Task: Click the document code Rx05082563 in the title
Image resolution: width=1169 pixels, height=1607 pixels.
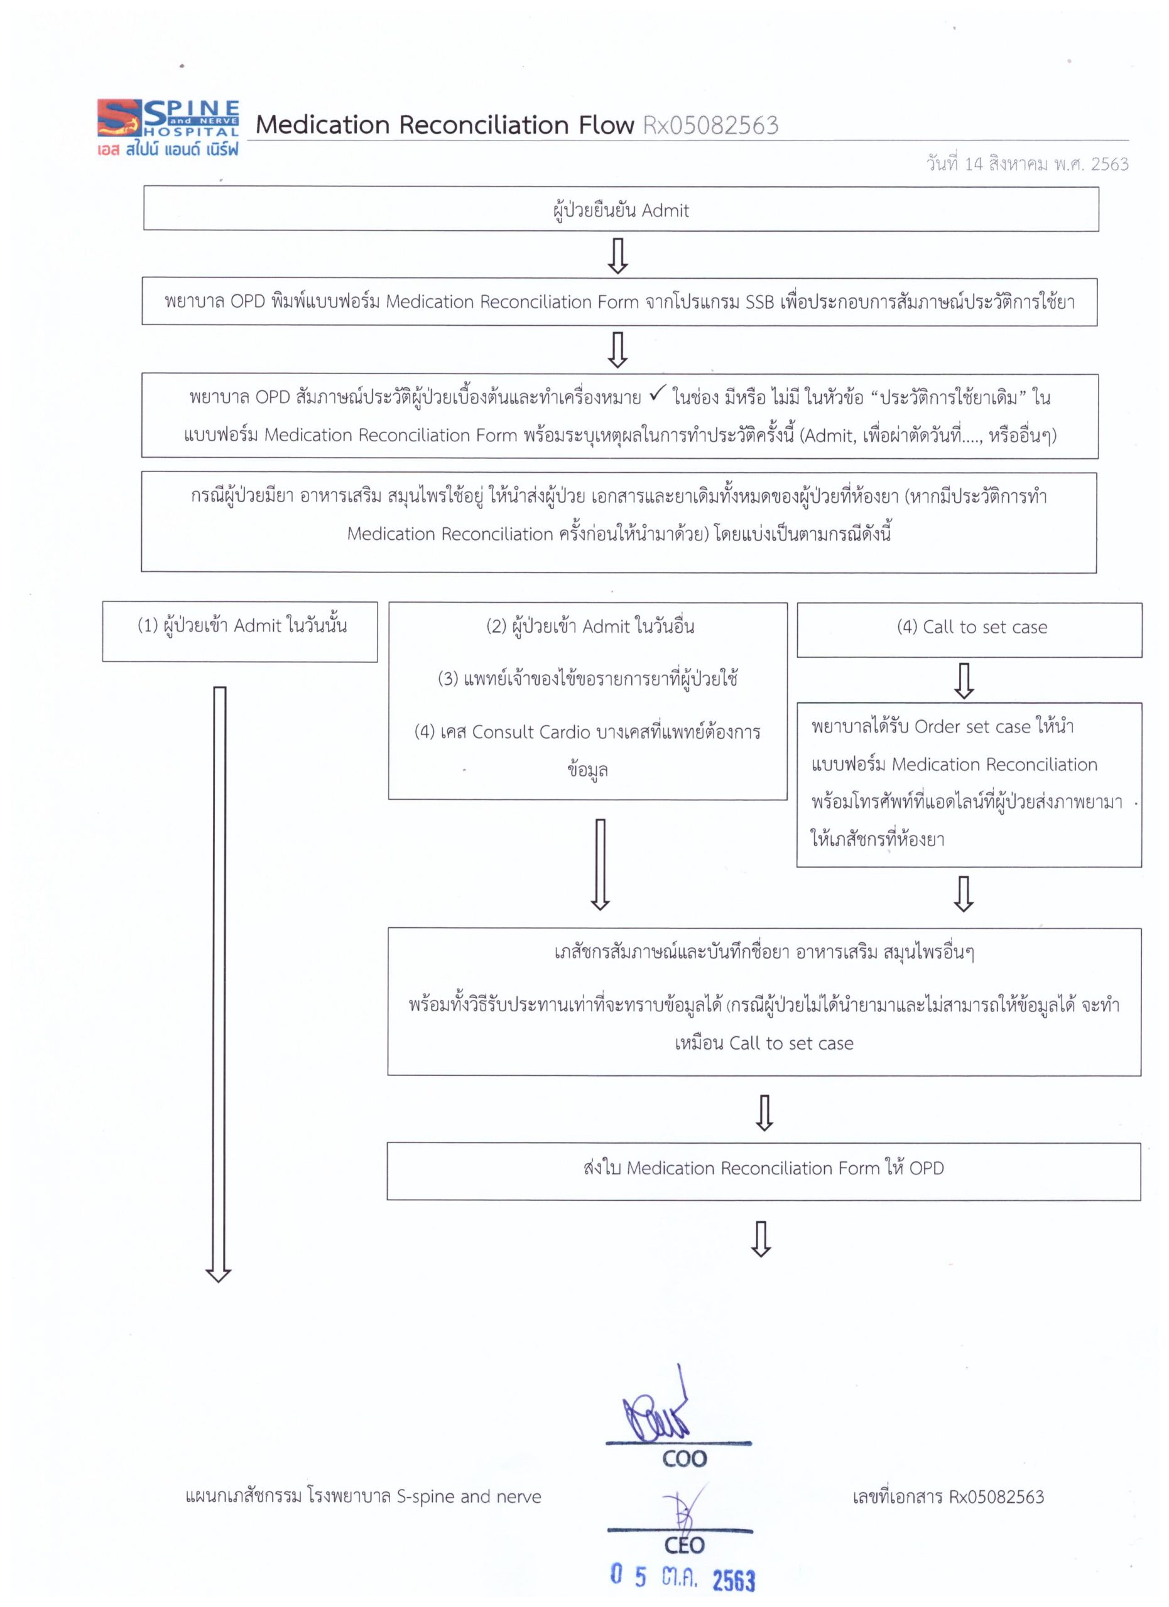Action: point(710,126)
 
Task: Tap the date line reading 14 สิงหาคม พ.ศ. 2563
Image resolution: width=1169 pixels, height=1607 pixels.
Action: point(1026,164)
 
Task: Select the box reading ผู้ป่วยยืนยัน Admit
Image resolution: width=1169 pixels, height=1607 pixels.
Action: point(621,209)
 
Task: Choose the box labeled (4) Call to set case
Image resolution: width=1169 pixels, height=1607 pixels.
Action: point(969,629)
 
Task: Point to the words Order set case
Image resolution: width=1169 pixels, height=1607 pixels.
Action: point(972,727)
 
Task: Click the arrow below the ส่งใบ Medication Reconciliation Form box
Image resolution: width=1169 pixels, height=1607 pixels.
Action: point(761,1239)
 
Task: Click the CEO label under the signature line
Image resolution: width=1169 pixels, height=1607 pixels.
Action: point(684,1545)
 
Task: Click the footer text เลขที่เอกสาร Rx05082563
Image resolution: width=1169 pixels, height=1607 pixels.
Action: point(948,1497)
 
